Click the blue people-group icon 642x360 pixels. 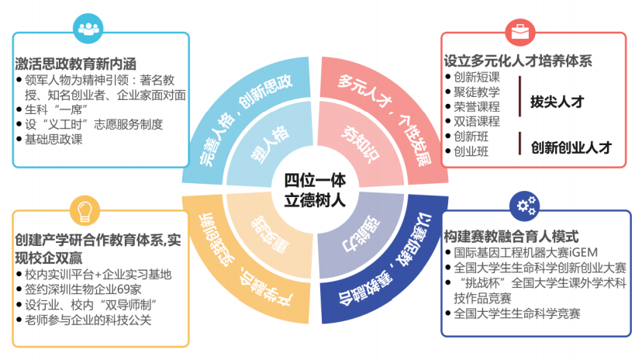[88, 28]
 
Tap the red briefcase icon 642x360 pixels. [520, 32]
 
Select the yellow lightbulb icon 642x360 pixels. [85, 210]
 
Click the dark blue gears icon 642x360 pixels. [524, 206]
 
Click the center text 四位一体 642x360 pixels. [315, 180]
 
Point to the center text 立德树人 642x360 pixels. [315, 200]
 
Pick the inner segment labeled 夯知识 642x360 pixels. [361, 144]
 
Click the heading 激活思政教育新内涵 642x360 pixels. [75, 64]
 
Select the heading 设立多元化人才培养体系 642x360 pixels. [518, 61]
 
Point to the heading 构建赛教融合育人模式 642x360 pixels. [511, 237]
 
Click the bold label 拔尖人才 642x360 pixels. [557, 102]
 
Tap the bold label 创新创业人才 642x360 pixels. [571, 147]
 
